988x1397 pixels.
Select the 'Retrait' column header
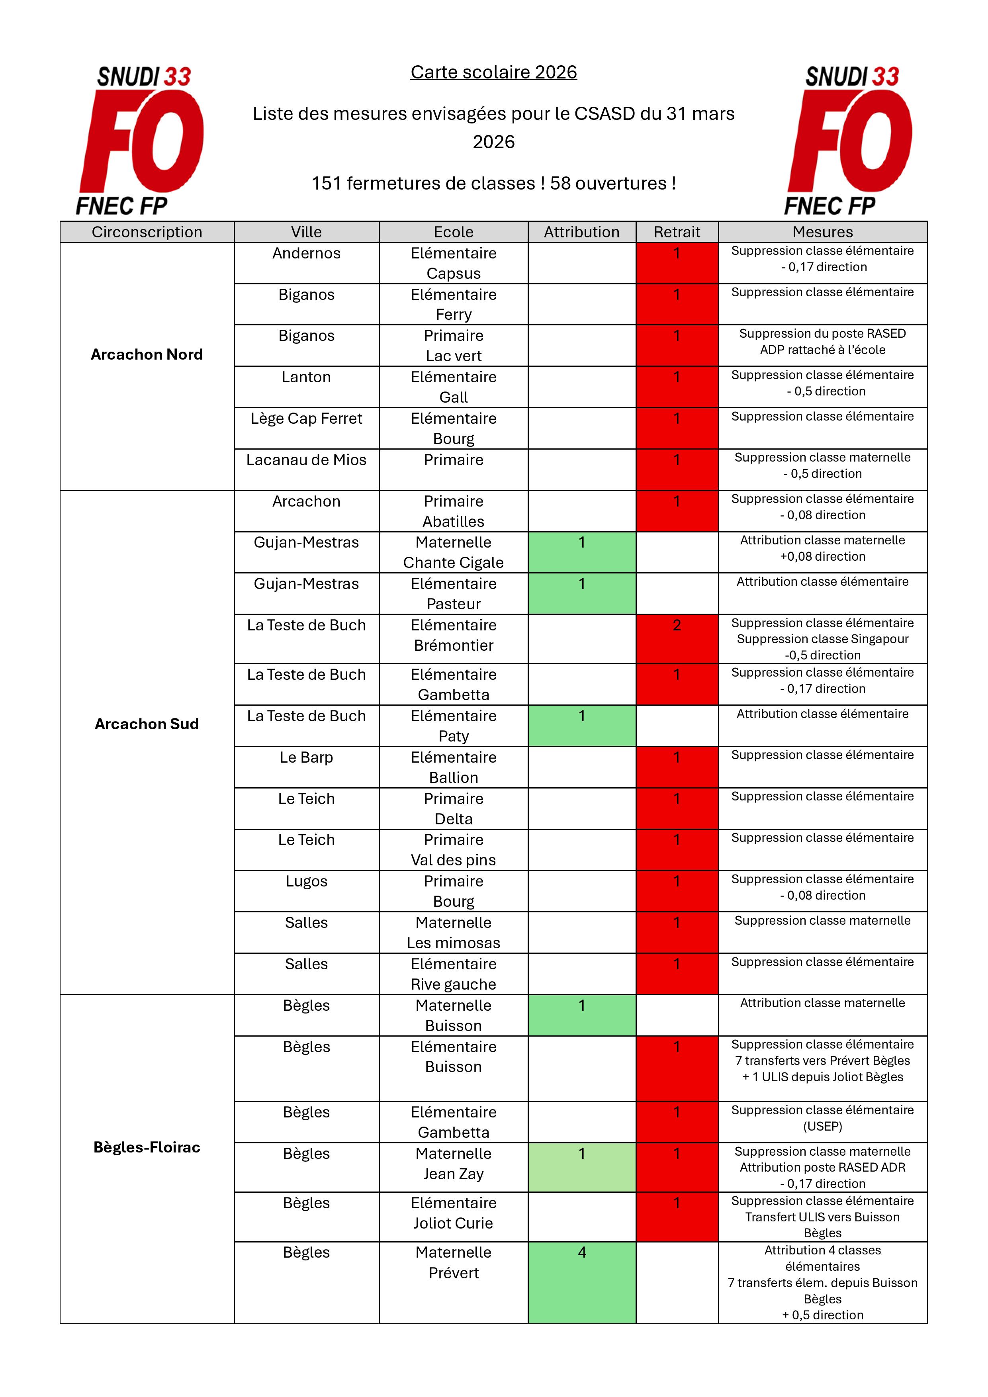click(677, 232)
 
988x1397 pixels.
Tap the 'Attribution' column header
click(581, 232)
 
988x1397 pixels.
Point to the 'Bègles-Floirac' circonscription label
click(147, 1147)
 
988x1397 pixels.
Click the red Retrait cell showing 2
click(677, 638)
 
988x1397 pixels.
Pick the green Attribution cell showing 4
click(581, 1282)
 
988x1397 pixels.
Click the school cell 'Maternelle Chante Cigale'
click(453, 552)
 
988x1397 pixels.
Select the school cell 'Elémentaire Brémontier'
click(453, 635)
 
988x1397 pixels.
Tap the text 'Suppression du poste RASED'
click(822, 333)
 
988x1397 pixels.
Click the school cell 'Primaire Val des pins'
click(453, 849)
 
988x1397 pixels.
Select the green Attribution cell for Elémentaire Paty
click(581, 725)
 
